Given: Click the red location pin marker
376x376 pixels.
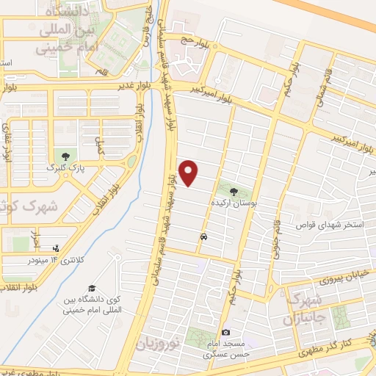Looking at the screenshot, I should pyautogui.click(x=189, y=173).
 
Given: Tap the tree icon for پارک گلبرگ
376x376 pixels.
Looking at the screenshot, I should pyautogui.click(x=67, y=156).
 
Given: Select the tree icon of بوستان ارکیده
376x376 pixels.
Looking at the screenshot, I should pyautogui.click(x=244, y=188).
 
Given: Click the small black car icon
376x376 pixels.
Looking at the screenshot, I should pyautogui.click(x=202, y=237).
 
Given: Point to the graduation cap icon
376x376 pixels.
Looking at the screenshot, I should pyautogui.click(x=92, y=288).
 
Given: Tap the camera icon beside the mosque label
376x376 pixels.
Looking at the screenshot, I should pyautogui.click(x=225, y=333).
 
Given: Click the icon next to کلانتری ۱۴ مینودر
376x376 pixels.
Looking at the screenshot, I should pyautogui.click(x=57, y=250).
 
